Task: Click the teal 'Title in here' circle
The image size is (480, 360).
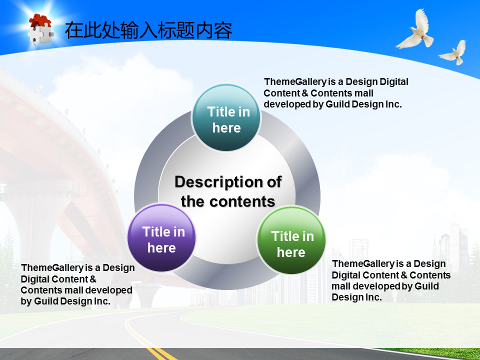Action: click(226, 118)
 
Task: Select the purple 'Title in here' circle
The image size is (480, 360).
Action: click(161, 238)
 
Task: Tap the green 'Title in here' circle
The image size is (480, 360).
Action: click(291, 240)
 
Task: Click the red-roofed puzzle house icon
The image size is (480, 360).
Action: click(40, 28)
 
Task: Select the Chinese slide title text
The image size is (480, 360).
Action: click(148, 30)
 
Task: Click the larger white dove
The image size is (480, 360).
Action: click(416, 29)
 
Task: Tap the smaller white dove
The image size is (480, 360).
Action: click(453, 52)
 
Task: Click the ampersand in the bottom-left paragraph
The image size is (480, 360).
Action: click(93, 279)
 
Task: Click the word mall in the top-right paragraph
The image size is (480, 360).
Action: click(364, 93)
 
